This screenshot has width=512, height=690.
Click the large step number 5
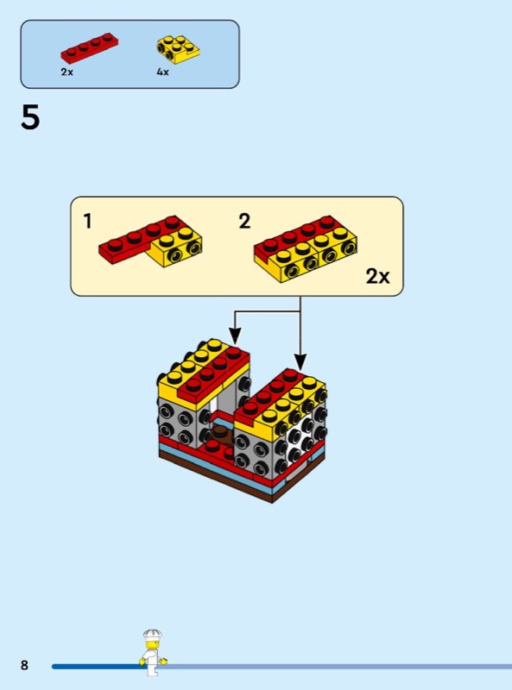(30, 117)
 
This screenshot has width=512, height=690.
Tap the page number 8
(24, 665)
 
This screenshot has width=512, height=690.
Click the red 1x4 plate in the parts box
(90, 48)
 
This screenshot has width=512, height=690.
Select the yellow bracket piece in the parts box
(178, 49)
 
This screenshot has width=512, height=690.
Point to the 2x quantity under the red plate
(67, 72)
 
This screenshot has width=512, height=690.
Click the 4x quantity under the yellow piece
(162, 72)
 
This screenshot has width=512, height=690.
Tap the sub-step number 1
(88, 221)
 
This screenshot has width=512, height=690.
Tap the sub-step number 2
(244, 221)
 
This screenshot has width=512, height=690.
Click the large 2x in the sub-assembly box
(377, 276)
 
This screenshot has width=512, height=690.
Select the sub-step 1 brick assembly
(151, 241)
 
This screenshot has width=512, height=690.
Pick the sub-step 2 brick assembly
(306, 248)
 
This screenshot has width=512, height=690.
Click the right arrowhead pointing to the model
(300, 361)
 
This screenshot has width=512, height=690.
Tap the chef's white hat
(153, 634)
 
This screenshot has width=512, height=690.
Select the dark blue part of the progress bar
(96, 667)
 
